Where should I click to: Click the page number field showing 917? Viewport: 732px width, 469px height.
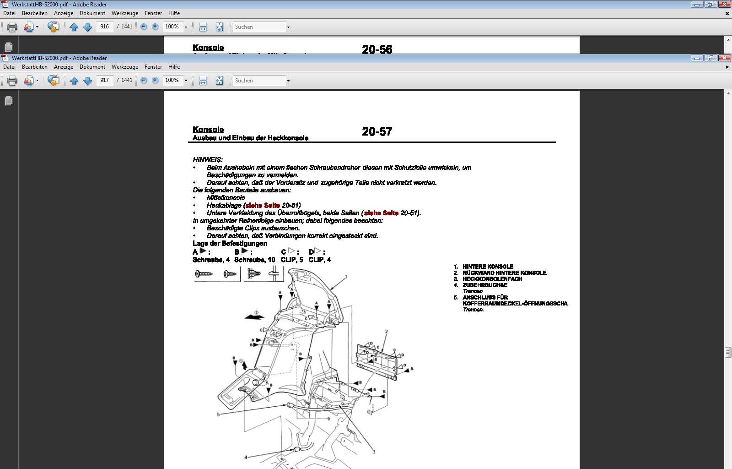(x=105, y=80)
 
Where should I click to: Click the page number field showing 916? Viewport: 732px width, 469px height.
(x=105, y=27)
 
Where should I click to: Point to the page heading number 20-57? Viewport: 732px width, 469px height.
(x=377, y=132)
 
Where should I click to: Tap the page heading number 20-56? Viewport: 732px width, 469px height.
(x=377, y=49)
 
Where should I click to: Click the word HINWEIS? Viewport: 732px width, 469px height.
(x=208, y=160)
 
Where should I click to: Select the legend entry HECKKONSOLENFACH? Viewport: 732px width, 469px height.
(x=492, y=279)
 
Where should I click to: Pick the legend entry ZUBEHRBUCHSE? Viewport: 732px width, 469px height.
(x=484, y=285)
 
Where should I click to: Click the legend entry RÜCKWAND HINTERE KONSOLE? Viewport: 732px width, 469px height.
(x=504, y=273)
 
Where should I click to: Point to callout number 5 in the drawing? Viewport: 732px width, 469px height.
(x=218, y=414)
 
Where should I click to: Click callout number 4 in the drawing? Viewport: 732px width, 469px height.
(x=246, y=457)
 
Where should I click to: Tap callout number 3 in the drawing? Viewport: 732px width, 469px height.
(x=374, y=452)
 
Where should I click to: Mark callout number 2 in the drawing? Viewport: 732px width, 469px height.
(x=386, y=332)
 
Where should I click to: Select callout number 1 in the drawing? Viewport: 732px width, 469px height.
(x=346, y=277)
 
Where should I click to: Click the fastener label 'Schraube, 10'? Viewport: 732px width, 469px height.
(x=254, y=260)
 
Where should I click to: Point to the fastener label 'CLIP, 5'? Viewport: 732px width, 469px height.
(x=291, y=260)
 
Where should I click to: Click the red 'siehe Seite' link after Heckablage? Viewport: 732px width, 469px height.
(x=263, y=206)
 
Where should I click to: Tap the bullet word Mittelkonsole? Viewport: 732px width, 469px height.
(x=226, y=198)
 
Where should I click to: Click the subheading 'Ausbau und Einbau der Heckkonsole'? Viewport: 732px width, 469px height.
(x=250, y=138)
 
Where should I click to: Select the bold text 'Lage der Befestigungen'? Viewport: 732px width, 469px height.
(x=230, y=244)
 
